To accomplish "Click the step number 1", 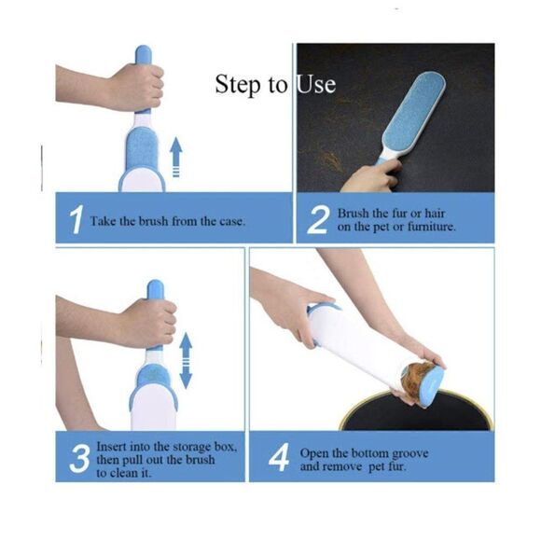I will click(x=74, y=222).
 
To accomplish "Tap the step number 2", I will click(x=318, y=221).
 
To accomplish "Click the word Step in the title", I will click(x=239, y=84).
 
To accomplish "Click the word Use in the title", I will click(x=316, y=84).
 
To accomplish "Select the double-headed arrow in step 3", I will click(x=186, y=361).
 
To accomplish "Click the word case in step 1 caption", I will click(x=229, y=221).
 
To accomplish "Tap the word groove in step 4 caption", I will click(x=407, y=452).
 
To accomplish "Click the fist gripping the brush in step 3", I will click(x=147, y=321).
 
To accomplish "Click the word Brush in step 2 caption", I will click(x=355, y=214).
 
